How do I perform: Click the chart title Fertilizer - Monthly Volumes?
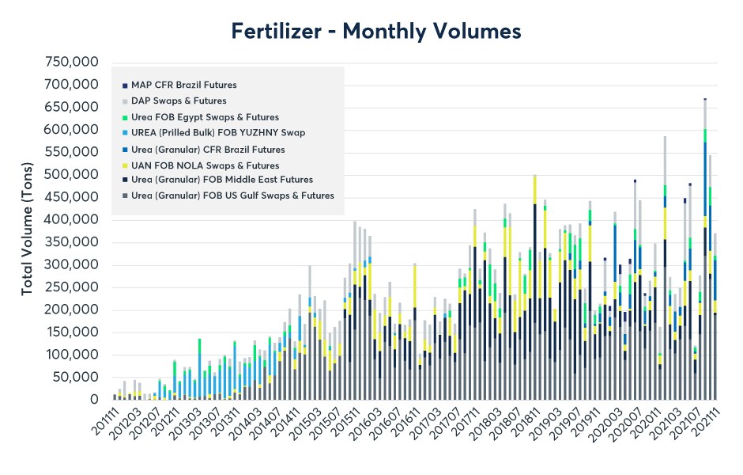(376, 31)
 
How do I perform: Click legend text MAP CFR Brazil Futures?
(183, 85)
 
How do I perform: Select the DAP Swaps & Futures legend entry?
(179, 101)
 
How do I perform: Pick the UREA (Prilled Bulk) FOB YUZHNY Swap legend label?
(217, 133)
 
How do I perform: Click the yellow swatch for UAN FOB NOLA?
(124, 165)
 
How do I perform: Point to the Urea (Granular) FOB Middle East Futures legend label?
(222, 180)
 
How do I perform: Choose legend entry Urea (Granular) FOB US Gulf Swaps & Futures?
(232, 196)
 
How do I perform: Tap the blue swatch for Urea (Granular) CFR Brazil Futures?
(124, 149)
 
